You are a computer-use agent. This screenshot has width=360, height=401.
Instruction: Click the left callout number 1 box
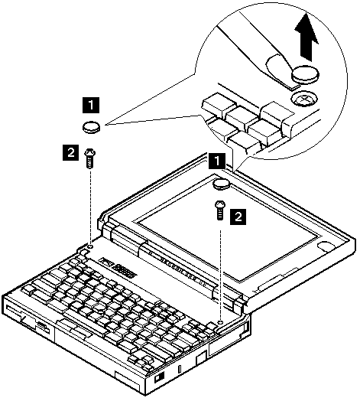point(91,105)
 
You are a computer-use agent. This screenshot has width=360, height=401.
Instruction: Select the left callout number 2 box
point(71,152)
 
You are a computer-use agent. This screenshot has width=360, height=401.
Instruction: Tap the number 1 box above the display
point(217,161)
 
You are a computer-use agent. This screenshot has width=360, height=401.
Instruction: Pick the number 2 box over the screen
point(238,217)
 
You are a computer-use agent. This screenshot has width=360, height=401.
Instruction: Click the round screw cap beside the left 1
point(91,127)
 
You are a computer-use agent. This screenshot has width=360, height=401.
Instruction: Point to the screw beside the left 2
point(89,158)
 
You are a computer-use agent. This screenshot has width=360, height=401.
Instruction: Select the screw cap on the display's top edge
point(222,184)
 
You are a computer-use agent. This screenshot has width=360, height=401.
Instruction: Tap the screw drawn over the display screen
point(220,210)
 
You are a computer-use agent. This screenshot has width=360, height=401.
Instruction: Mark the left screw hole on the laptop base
point(90,246)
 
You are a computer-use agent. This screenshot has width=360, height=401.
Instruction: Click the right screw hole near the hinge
point(221,321)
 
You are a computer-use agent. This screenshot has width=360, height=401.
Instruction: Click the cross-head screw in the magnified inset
point(303,99)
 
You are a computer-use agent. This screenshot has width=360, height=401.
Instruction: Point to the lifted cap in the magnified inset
point(306,74)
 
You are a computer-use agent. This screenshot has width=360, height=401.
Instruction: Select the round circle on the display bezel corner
point(326,246)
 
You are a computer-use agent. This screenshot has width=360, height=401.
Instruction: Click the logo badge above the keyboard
point(118,269)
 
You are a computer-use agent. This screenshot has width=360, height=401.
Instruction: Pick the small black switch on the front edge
point(160,377)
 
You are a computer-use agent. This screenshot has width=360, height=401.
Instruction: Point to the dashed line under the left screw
point(90,206)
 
